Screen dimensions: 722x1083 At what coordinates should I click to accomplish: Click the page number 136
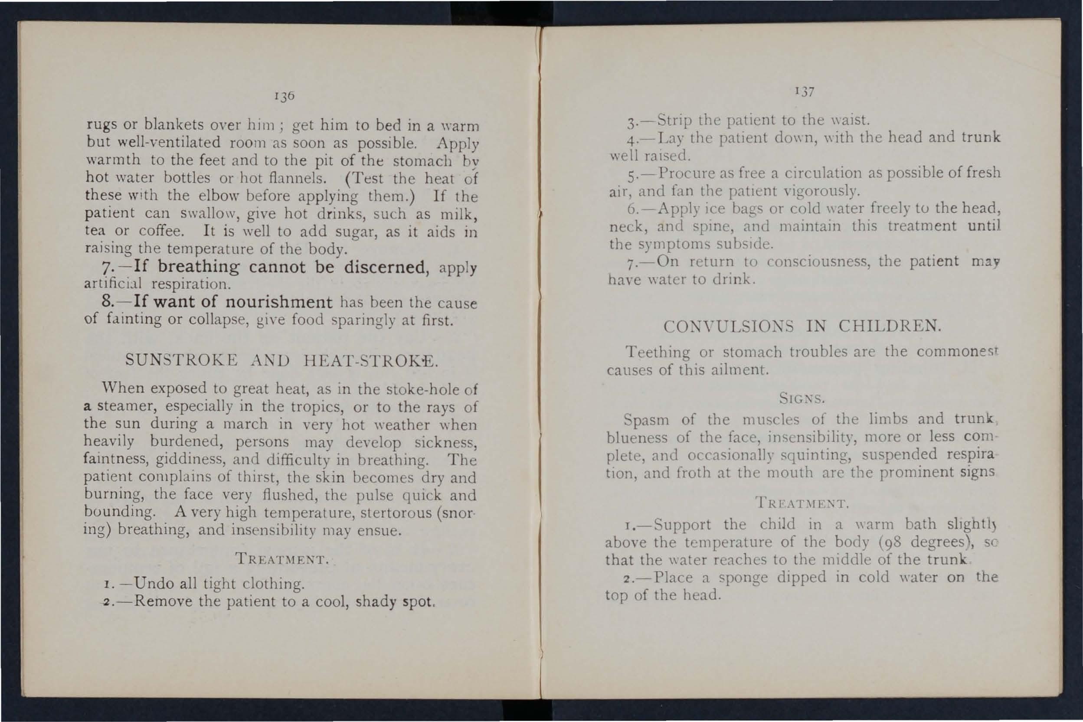[x=284, y=96]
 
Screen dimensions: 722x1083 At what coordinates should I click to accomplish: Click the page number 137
[x=805, y=91]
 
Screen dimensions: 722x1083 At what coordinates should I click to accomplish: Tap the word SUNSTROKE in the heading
[x=181, y=359]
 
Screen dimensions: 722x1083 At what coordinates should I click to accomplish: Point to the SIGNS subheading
[x=802, y=398]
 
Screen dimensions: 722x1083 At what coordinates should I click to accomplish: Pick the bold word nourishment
[x=279, y=302]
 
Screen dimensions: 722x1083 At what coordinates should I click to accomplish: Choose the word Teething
[x=658, y=353]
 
